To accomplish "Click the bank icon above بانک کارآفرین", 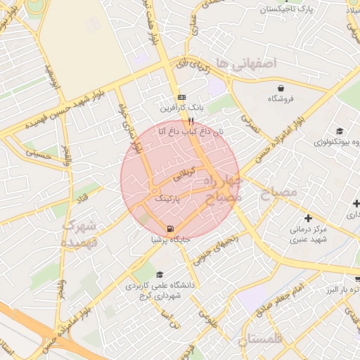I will (x=182, y=97).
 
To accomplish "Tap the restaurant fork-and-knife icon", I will (x=172, y=120).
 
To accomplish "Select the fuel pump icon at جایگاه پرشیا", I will (x=171, y=229).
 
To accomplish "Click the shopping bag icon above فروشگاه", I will (x=281, y=88).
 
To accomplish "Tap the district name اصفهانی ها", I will (x=247, y=63).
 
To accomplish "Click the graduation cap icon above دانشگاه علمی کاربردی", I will (x=160, y=275).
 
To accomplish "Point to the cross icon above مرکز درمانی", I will (x=308, y=218).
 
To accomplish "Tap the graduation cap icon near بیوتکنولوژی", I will (x=340, y=131).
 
